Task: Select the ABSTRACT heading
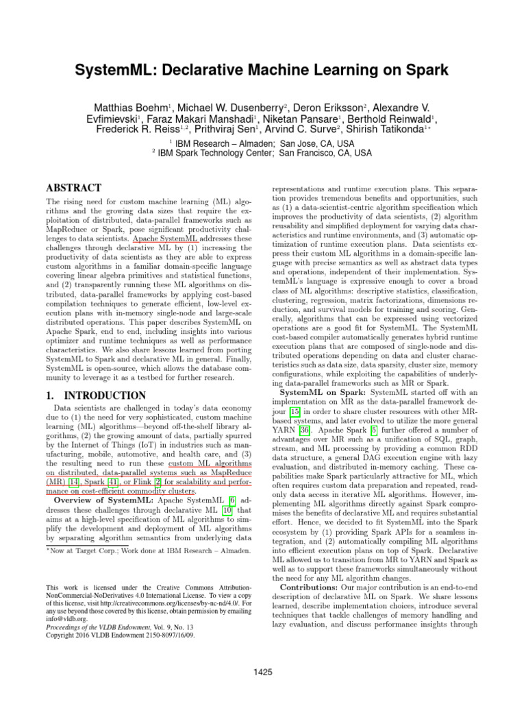click(73, 188)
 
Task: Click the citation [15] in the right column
click(295, 412)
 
